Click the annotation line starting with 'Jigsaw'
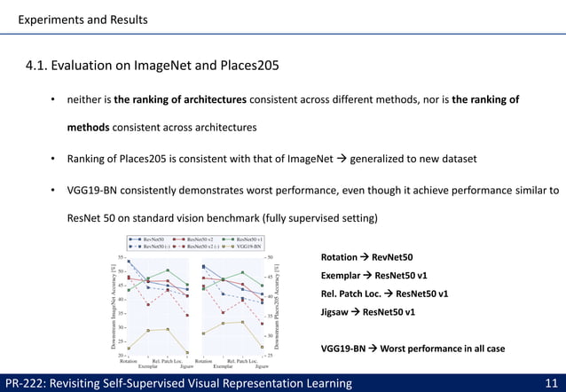tap(367, 312)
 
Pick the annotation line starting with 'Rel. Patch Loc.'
tap(383, 294)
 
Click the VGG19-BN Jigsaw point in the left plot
tap(186, 352)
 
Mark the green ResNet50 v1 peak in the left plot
tap(168, 270)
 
